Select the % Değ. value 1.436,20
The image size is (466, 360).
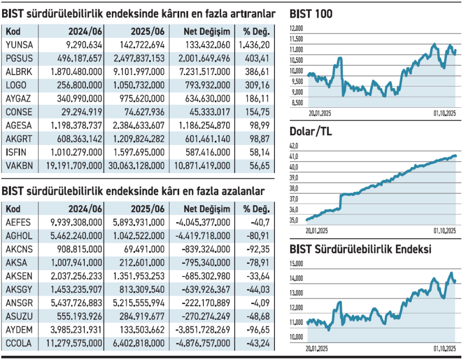pyautogui.click(x=255, y=45)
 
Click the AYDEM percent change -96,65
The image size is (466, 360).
pyautogui.click(x=259, y=329)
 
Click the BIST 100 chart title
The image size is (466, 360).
pyautogui.click(x=311, y=14)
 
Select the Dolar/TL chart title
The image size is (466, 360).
pyautogui.click(x=311, y=132)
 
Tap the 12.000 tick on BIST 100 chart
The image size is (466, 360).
pyautogui.click(x=297, y=28)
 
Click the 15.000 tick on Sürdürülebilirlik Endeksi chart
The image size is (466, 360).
pyautogui.click(x=297, y=264)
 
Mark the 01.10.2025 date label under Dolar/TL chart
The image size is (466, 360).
pyautogui.click(x=445, y=231)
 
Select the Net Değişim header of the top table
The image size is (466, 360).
pyautogui.click(x=207, y=31)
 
